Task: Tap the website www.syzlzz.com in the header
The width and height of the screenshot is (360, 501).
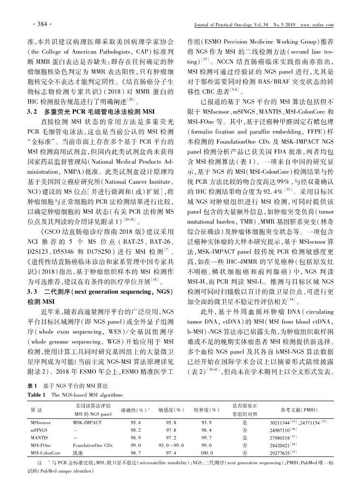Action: point(313,25)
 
